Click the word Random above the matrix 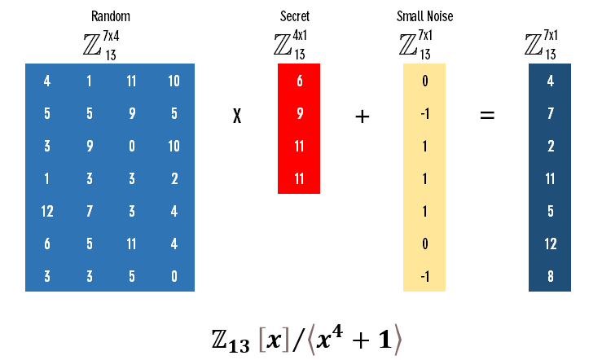(x=110, y=16)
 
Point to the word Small (x=409, y=16)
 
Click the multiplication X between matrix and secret (x=237, y=116)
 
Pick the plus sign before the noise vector (x=363, y=116)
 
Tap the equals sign (x=487, y=116)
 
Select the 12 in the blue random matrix (x=46, y=212)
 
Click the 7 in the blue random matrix (x=89, y=212)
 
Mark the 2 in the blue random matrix (x=174, y=179)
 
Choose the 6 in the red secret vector (x=299, y=81)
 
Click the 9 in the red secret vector (x=299, y=114)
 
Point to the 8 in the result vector (x=550, y=277)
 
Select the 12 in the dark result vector (x=550, y=244)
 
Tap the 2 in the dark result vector (x=550, y=147)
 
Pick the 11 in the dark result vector (x=550, y=179)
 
